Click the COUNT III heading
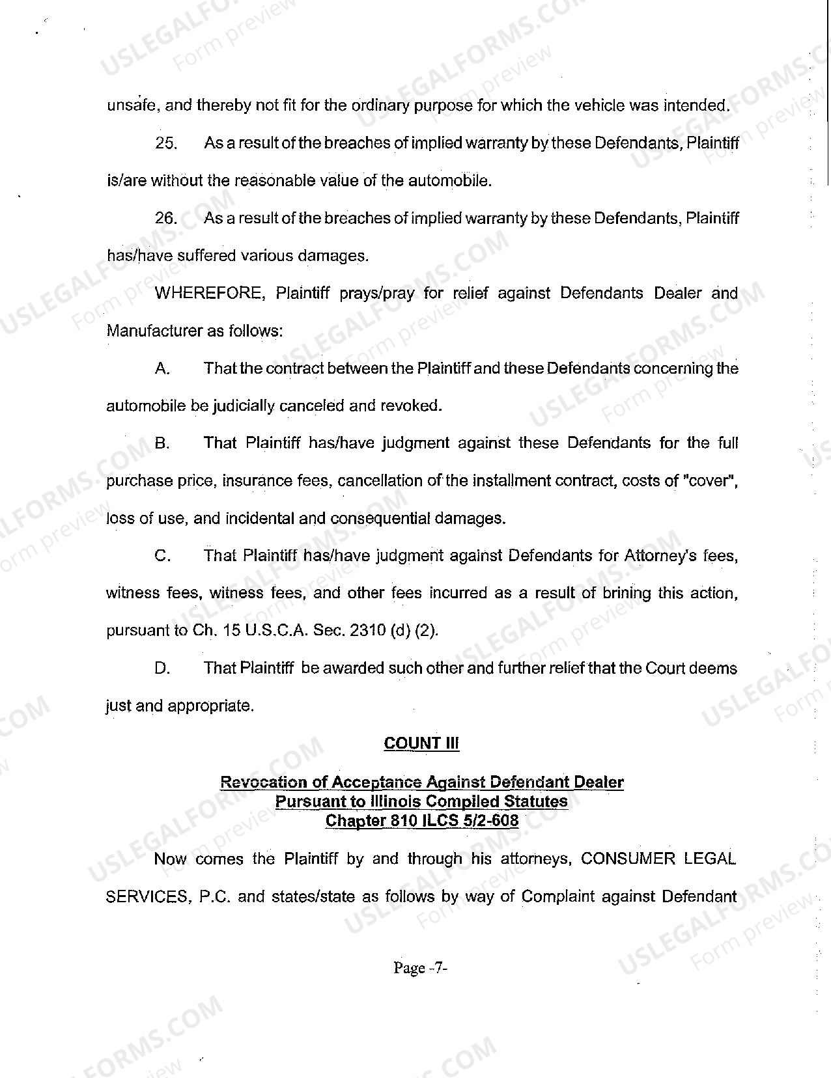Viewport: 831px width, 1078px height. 421,743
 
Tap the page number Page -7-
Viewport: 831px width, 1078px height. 420,968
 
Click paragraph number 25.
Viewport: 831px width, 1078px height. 166,144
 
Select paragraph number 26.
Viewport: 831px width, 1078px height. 166,219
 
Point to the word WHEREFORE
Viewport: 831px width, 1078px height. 210,294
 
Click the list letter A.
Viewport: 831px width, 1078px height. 162,369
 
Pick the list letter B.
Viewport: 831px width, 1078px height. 162,444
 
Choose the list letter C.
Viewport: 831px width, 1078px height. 162,557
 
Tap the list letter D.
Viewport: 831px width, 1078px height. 162,669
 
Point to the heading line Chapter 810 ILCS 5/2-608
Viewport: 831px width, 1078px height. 421,820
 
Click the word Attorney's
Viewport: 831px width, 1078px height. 660,557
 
